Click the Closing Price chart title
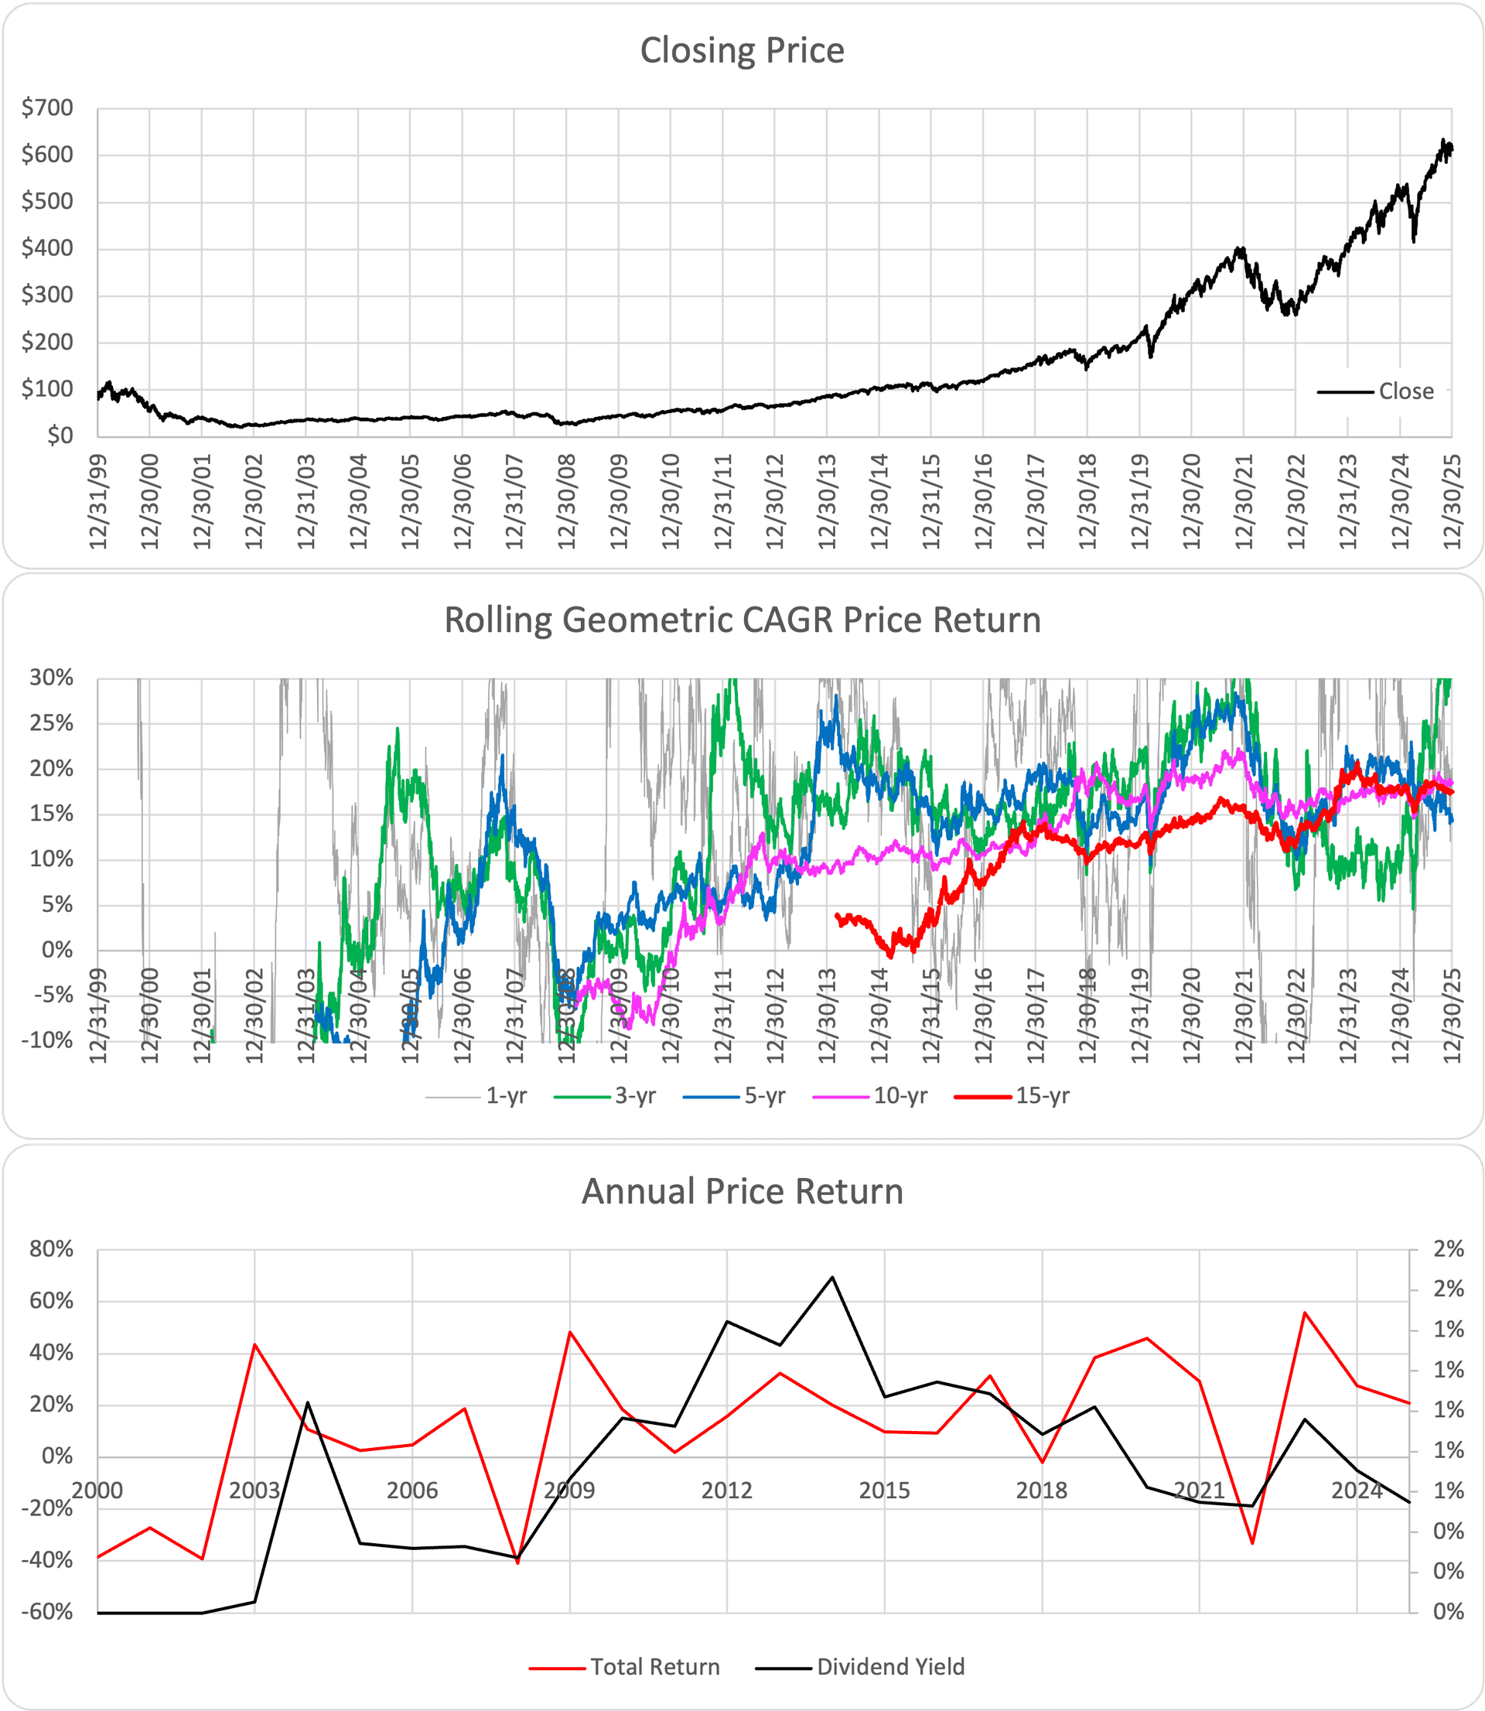click(x=742, y=50)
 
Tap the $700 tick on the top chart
click(x=47, y=108)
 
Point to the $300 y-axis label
click(x=47, y=295)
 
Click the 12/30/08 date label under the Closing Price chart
click(x=567, y=501)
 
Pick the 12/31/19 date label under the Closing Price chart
click(x=1140, y=501)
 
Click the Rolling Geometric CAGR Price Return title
click(x=742, y=620)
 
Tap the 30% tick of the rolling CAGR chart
click(x=51, y=678)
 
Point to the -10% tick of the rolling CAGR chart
click(x=51, y=1040)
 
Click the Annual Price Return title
click(x=742, y=1191)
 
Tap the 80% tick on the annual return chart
click(x=51, y=1248)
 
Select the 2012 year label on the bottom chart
click(x=727, y=1491)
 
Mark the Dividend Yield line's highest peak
click(x=832, y=1277)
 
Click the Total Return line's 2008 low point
click(x=518, y=1562)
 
